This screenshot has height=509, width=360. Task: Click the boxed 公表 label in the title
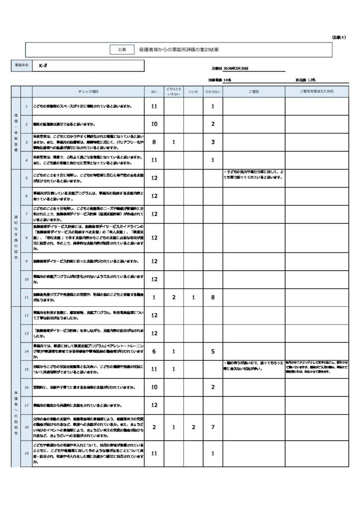(x=122, y=50)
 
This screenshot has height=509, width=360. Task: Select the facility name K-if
(x=43, y=66)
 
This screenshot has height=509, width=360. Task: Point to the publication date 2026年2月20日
(x=230, y=69)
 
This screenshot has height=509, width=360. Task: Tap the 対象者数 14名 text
(x=220, y=80)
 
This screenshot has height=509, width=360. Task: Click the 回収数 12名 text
(x=305, y=80)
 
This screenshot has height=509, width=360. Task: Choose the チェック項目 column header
(x=89, y=92)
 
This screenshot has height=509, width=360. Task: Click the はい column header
(x=154, y=92)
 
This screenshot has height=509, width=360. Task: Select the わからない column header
(x=212, y=92)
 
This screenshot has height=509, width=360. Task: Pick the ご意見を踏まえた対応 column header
(x=317, y=92)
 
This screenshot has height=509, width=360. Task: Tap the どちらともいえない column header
(x=174, y=92)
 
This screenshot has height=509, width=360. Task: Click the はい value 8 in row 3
(x=154, y=142)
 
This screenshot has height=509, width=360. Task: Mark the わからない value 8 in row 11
(x=212, y=297)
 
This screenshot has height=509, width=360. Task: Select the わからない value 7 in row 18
(x=212, y=427)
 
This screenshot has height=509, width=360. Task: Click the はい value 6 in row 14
(x=154, y=351)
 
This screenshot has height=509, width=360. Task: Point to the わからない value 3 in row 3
(x=212, y=142)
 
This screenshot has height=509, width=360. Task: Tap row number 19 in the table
(x=26, y=453)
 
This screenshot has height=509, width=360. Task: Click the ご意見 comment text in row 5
(x=254, y=175)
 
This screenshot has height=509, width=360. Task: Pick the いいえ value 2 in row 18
(x=193, y=427)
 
